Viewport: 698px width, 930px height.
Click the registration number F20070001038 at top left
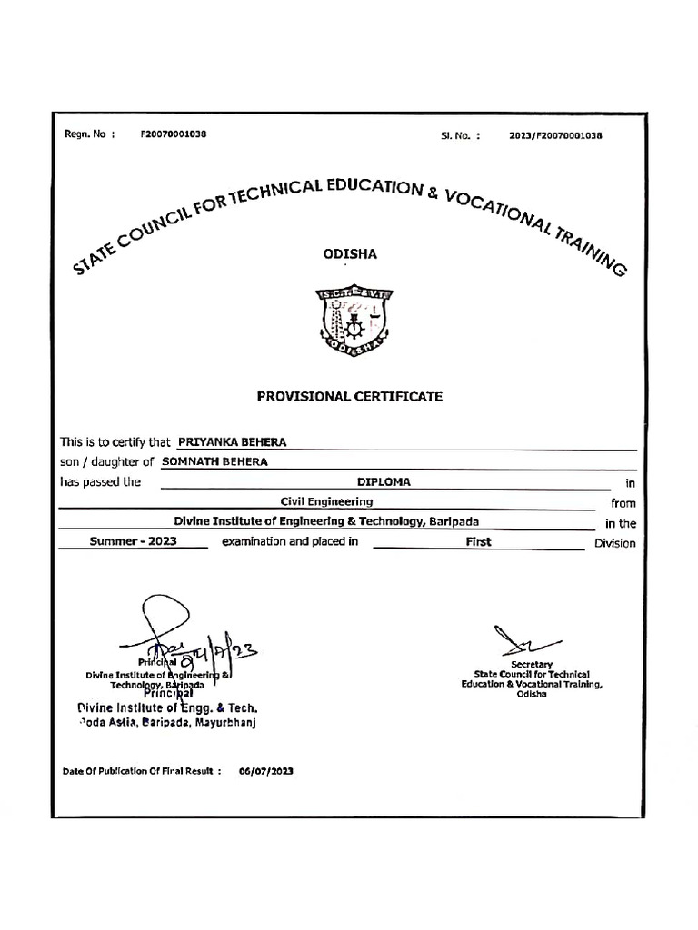(173, 134)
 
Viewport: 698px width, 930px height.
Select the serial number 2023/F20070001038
(556, 134)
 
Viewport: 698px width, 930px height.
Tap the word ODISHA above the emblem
(350, 254)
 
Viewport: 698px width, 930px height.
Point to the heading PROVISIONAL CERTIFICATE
(350, 397)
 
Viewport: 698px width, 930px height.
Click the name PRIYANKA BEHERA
(232, 442)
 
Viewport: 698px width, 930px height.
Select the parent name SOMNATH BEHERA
(214, 461)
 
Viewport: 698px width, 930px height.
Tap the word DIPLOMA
(384, 482)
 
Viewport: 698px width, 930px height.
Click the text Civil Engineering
(326, 501)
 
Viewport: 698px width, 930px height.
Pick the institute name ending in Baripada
(326, 521)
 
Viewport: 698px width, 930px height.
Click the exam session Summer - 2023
(133, 542)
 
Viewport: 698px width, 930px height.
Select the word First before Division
(478, 542)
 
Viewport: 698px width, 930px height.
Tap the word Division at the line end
(614, 543)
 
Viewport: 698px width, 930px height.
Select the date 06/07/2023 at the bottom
(266, 771)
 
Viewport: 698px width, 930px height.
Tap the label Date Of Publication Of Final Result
(141, 771)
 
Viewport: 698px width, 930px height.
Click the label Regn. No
(89, 134)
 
